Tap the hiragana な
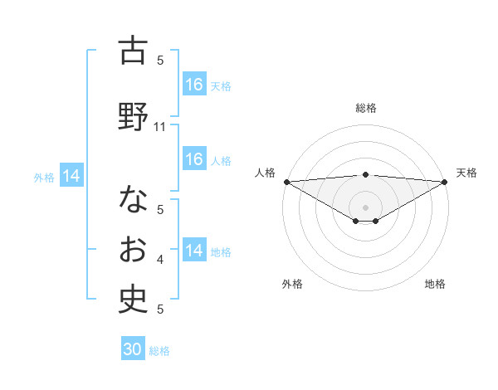pos(133,199)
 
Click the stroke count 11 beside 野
pos(161,127)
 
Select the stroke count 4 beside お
pos(161,261)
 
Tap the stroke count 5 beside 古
pos(161,60)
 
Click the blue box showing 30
pos(133,349)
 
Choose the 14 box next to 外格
pos(71,176)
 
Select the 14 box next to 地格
pos(194,251)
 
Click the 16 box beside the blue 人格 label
pos(194,159)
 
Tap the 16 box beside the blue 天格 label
pos(194,85)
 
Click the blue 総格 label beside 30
pos(159,351)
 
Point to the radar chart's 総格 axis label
pos(365,108)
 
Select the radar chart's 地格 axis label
pos(435,285)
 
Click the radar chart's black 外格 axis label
pos(292,285)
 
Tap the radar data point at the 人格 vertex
pos(286,182)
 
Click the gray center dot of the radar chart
pos(365,207)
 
